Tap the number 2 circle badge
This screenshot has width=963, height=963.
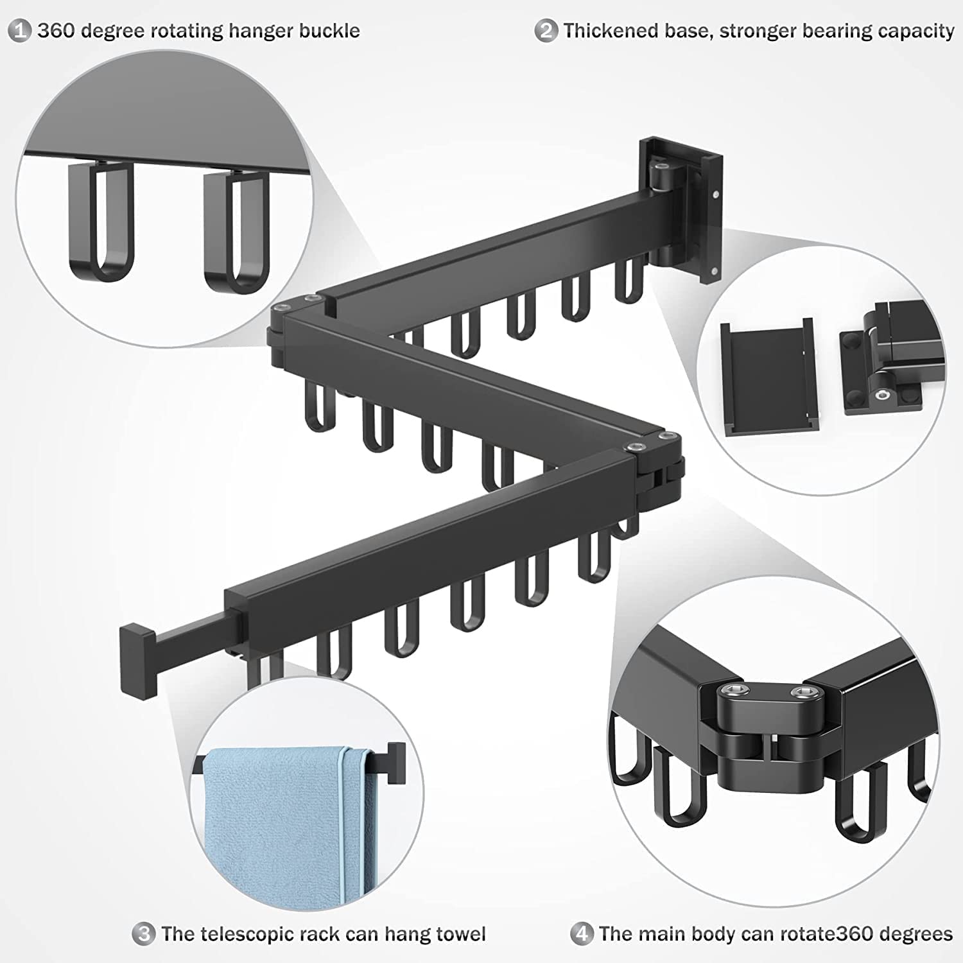pyautogui.click(x=546, y=30)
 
